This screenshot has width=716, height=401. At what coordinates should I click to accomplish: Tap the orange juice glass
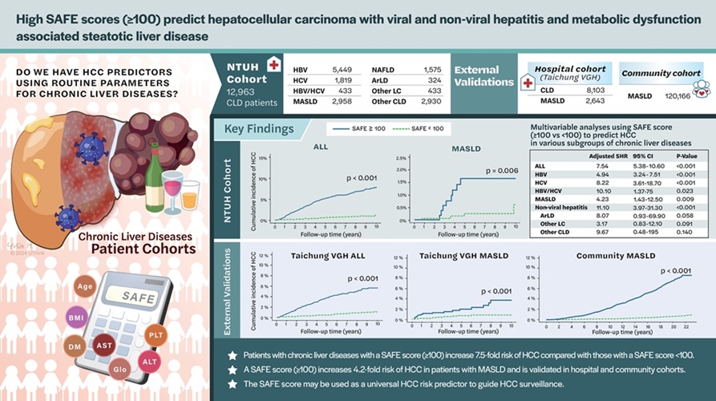point(190,195)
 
